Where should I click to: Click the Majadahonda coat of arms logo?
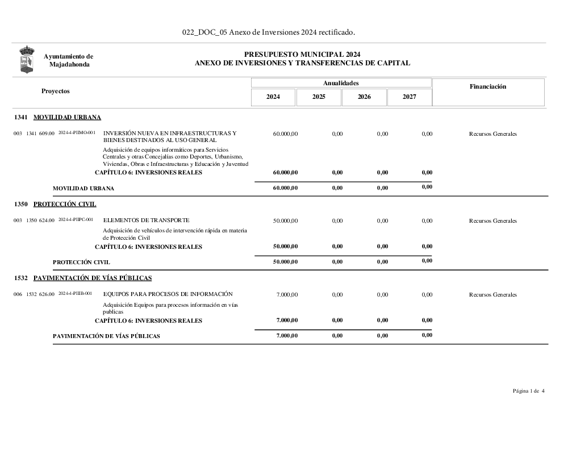point(27,60)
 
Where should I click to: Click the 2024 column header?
point(273,97)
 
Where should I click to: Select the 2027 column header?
point(410,97)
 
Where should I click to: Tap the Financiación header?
point(488,86)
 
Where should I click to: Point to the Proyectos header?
point(56,91)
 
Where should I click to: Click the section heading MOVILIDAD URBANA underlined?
point(67,118)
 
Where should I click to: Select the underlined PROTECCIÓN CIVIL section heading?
point(65,204)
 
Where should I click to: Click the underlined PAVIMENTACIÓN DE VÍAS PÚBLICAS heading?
point(93,278)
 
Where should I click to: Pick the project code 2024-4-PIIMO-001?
point(77,132)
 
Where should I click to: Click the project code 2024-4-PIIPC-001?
point(76,219)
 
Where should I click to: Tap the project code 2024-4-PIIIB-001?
point(75,293)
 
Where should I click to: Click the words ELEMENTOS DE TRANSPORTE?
point(147,220)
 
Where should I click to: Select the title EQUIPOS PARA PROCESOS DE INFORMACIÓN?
point(168,294)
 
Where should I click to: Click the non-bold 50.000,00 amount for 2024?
point(285,220)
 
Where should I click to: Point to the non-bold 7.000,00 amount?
point(287,294)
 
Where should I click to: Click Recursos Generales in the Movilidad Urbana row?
point(493,134)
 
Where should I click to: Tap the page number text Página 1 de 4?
point(528,391)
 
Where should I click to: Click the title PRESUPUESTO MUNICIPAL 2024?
point(302,55)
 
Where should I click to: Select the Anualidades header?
point(341,83)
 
